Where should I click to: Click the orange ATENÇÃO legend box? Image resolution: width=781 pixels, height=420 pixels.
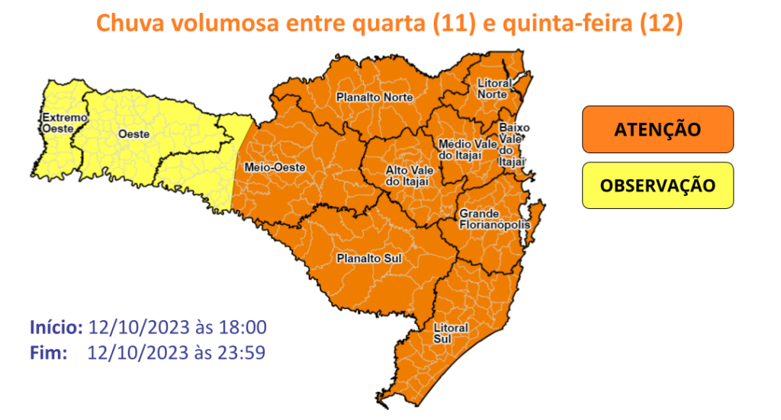(x=657, y=129)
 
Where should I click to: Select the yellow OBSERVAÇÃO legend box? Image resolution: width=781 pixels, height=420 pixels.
(x=657, y=185)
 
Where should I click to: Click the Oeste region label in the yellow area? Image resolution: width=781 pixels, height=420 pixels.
(x=133, y=134)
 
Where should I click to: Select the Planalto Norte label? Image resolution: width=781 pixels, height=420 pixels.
(x=374, y=98)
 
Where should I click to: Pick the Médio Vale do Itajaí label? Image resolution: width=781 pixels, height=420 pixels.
(x=459, y=149)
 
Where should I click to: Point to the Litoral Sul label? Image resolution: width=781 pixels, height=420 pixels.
(x=450, y=332)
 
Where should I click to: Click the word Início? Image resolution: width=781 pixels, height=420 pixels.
(x=56, y=328)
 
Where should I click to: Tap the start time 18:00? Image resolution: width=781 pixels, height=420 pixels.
(x=243, y=328)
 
